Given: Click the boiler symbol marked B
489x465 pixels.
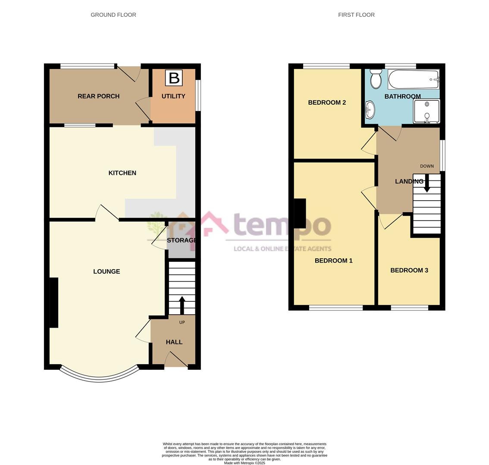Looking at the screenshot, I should (x=174, y=78).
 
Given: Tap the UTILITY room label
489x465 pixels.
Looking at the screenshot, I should (x=173, y=96).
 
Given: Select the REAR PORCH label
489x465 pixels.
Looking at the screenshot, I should (x=98, y=96).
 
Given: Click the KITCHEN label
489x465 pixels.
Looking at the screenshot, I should (x=122, y=173).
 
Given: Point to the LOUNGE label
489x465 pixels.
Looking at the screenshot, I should (x=107, y=271).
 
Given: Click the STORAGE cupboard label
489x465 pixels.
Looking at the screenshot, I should (x=182, y=240).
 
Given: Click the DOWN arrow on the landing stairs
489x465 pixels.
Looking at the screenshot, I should (x=427, y=183).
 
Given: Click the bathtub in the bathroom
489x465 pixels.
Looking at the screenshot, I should (x=413, y=79).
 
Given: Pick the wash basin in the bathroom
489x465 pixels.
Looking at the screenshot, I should (x=370, y=110).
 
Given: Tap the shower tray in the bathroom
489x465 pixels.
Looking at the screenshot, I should (x=426, y=111).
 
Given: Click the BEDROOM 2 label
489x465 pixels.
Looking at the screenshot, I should (x=327, y=102).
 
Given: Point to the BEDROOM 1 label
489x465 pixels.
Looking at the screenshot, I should (x=333, y=260).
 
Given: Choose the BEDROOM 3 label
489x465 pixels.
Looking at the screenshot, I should (x=409, y=270).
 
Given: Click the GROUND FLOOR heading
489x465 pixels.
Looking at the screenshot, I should (x=113, y=15).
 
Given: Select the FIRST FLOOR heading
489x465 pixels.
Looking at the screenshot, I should (x=356, y=15).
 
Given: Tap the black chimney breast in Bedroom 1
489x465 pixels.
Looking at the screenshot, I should (x=300, y=214).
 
